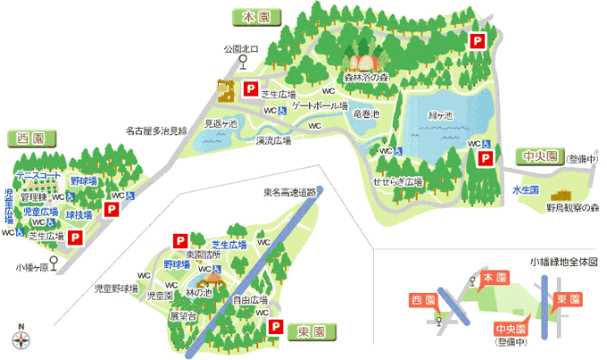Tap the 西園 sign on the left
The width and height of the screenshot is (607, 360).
(30, 138)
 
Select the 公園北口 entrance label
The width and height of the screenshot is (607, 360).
(242, 49)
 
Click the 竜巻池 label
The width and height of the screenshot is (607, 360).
(367, 114)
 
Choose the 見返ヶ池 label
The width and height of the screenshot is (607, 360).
(220, 124)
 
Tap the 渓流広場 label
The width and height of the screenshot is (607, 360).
(273, 140)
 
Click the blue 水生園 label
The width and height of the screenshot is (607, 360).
(525, 189)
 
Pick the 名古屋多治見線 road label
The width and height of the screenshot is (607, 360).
(156, 130)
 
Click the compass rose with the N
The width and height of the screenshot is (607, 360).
(21, 339)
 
